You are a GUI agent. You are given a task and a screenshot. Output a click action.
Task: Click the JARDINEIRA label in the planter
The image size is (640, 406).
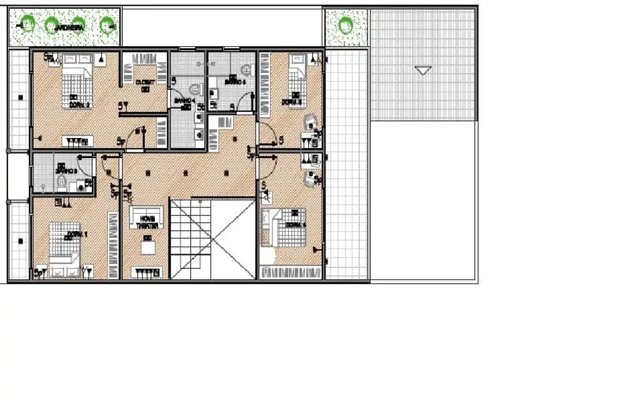(69, 27)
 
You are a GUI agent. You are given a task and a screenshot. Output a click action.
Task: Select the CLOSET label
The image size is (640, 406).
(145, 81)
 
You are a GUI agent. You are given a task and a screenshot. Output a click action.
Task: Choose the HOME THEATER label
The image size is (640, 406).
(148, 222)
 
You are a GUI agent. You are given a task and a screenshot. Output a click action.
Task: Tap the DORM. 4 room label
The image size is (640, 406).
(295, 225)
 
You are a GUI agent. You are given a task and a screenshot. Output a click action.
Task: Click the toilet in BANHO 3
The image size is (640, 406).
(62, 182)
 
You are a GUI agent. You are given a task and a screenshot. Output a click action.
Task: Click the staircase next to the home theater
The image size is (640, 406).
(213, 239)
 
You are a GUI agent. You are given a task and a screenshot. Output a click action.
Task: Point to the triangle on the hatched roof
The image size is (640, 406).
(423, 70)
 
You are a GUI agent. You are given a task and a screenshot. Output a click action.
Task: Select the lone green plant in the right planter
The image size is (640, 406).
(345, 26)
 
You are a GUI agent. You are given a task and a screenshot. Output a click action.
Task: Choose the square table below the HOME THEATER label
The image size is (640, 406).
(149, 247)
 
